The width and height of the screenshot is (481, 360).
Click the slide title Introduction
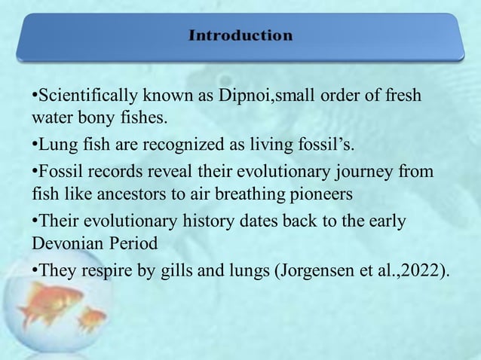pos(240,35)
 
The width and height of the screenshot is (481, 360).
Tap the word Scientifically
pos(84,97)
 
